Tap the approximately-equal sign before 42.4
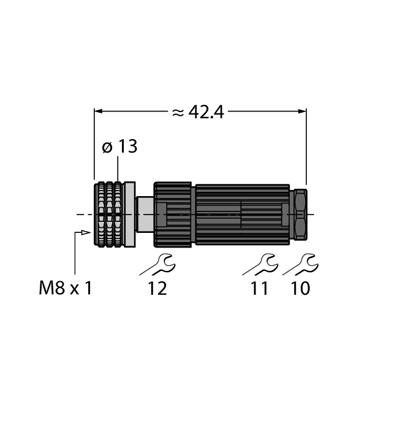(x=178, y=113)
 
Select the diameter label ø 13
(x=119, y=147)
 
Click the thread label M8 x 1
(x=65, y=288)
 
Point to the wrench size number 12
(x=157, y=288)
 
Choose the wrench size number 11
(x=260, y=288)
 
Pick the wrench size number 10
(x=300, y=288)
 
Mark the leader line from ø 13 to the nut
(x=118, y=169)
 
